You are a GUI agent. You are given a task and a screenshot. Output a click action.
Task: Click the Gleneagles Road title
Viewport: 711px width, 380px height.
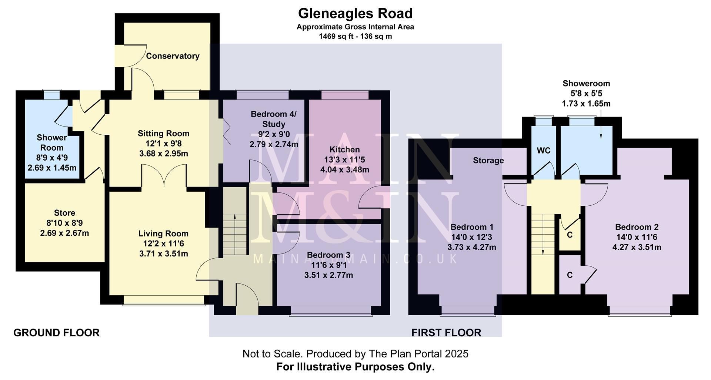click(355, 14)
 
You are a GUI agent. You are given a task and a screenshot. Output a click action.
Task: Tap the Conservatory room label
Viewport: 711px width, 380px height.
click(173, 56)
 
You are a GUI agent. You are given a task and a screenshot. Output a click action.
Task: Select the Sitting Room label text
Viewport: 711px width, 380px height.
click(163, 134)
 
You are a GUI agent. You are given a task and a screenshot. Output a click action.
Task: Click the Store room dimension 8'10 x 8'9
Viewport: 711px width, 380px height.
click(64, 223)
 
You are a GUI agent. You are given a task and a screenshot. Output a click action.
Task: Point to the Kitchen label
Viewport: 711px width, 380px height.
click(344, 149)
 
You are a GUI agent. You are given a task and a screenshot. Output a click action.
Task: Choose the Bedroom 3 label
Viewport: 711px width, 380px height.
click(328, 255)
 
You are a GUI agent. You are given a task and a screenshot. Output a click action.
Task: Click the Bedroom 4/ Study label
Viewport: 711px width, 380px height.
click(274, 119)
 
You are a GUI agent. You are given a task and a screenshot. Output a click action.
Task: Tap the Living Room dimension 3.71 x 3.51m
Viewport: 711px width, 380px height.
click(163, 254)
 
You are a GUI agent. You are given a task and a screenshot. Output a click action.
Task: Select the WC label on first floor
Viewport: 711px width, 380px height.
click(543, 151)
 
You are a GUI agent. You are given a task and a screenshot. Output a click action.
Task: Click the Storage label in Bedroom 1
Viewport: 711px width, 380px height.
click(488, 161)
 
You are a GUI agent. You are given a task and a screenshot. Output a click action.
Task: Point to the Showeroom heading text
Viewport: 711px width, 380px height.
click(586, 84)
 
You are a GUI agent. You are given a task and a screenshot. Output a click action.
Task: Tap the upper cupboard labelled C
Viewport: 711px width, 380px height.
click(570, 235)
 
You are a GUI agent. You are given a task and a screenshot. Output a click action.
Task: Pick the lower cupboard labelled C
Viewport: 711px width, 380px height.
click(570, 275)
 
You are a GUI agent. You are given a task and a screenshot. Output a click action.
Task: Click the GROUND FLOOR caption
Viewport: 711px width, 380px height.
click(56, 333)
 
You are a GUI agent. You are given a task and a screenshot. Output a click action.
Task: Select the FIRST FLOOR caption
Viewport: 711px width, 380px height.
click(446, 333)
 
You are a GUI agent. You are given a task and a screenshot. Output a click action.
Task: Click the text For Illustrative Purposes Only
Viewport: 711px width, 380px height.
click(355, 367)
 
